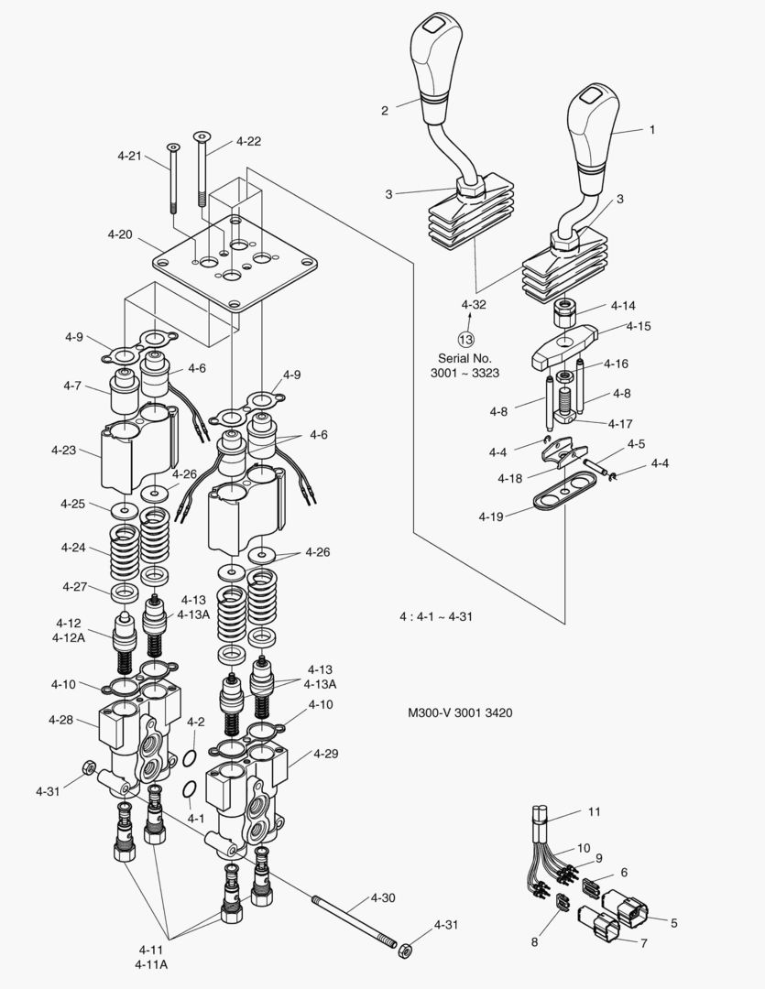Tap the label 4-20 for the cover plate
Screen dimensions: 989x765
[120, 234]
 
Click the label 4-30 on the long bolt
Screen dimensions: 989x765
[384, 897]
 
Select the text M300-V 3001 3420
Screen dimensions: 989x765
[460, 711]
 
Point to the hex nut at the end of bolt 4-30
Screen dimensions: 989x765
[403, 946]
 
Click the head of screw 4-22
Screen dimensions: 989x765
[202, 137]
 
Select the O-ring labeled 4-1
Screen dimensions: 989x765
[187, 789]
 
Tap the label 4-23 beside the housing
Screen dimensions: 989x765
[64, 450]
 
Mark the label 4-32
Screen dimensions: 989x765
[474, 303]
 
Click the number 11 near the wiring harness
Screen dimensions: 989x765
[594, 811]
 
